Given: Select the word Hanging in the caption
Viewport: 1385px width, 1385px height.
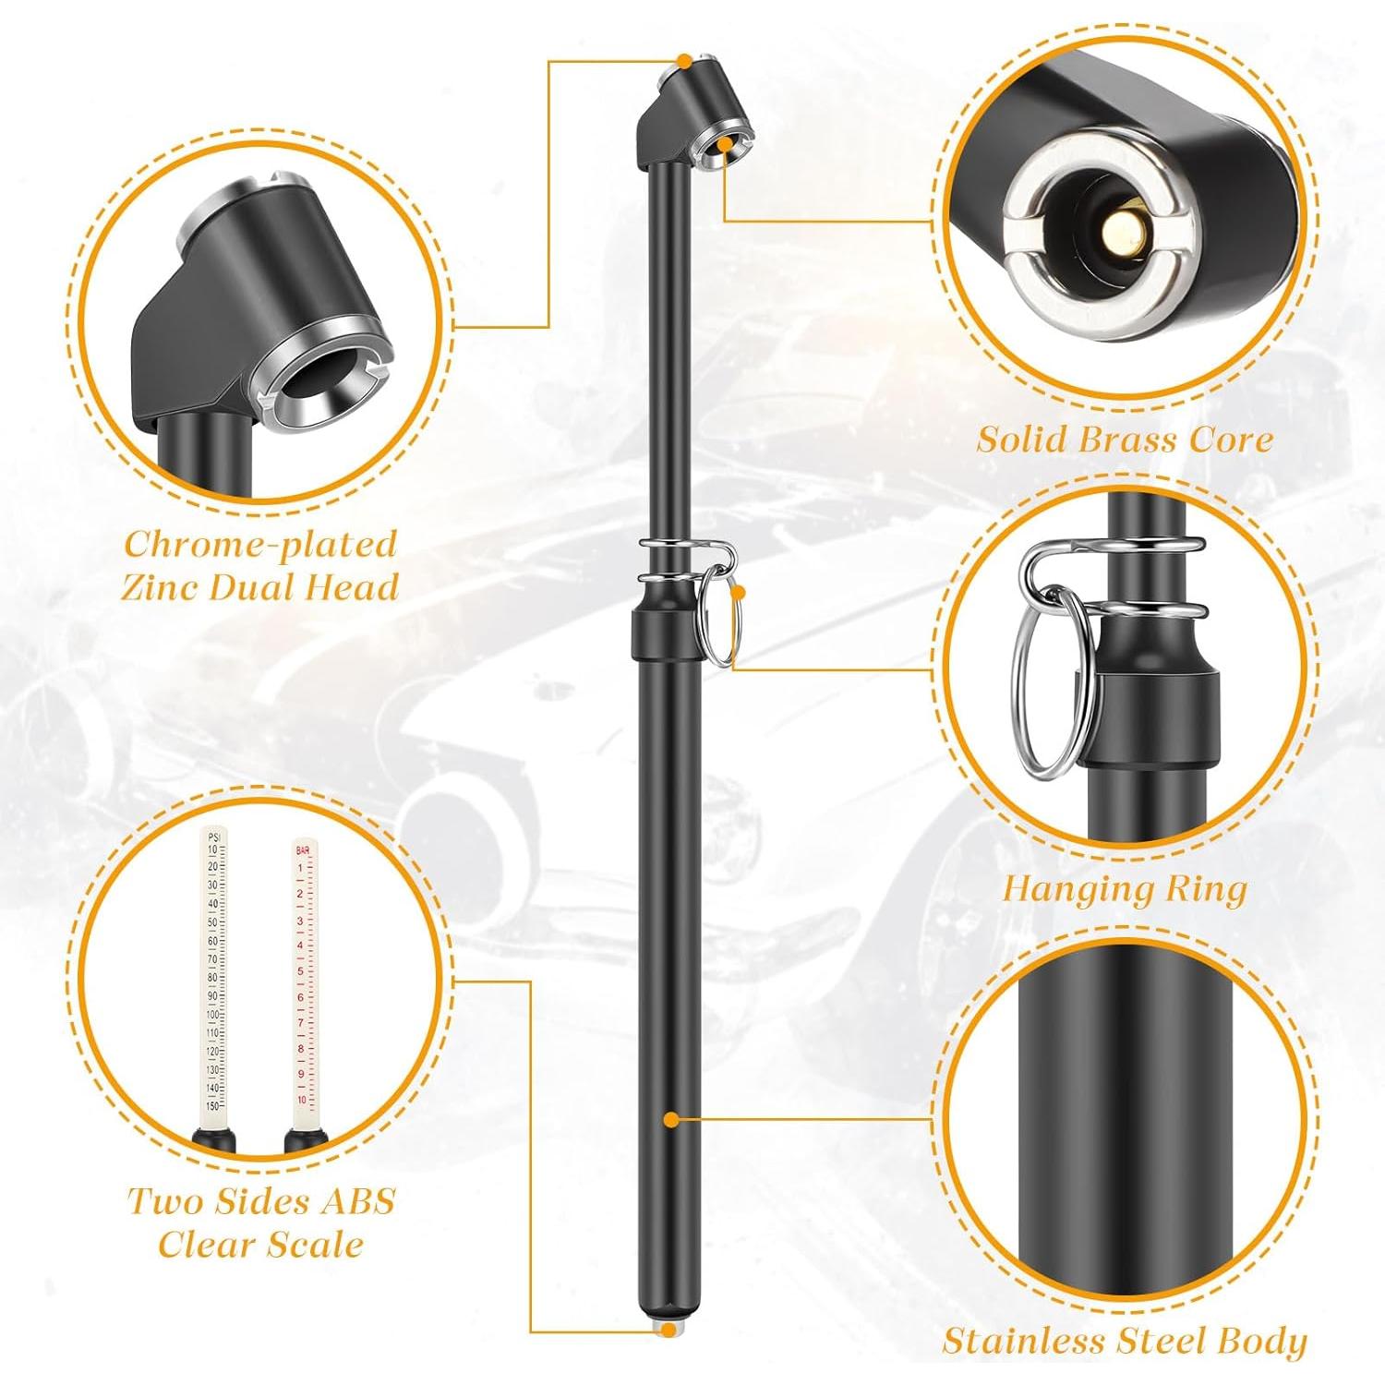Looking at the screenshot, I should (x=1073, y=889).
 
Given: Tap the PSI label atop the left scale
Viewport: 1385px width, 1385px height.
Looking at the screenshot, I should (x=214, y=837).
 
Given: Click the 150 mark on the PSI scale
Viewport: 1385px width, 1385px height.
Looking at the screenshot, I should (x=212, y=1105).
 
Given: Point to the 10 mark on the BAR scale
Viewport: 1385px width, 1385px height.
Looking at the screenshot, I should (x=301, y=1100).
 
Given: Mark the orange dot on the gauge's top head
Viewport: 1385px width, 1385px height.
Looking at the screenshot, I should (x=683, y=61).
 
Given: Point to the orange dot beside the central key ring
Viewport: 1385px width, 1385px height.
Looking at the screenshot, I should (x=739, y=595).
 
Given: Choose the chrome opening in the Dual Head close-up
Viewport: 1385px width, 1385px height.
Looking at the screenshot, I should (x=322, y=380).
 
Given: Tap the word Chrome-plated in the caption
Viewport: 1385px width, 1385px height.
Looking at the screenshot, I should (x=260, y=544).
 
